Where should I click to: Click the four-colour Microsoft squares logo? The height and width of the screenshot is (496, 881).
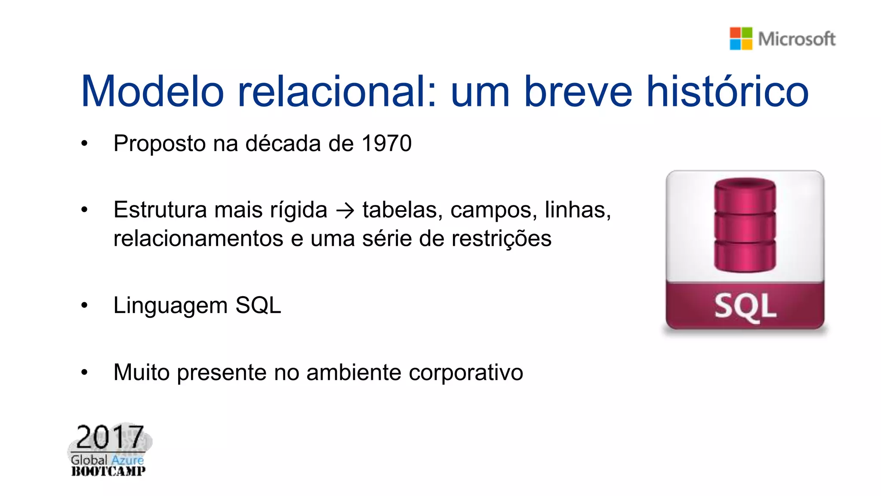pyautogui.click(x=741, y=39)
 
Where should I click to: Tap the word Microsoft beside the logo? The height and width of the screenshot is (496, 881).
pyautogui.click(x=797, y=39)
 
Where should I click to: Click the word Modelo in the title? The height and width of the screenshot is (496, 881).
pyautogui.click(x=152, y=91)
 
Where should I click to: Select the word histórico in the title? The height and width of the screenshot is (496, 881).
pyautogui.click(x=728, y=91)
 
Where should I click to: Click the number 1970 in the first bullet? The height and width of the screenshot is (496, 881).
pyautogui.click(x=387, y=143)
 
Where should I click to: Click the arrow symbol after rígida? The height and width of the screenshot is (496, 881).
pyautogui.click(x=345, y=211)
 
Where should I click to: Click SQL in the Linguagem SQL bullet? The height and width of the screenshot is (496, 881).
pyautogui.click(x=258, y=306)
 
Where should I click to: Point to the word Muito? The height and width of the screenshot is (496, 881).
pyautogui.click(x=142, y=372)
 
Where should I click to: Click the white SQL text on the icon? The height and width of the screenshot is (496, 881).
pyautogui.click(x=745, y=307)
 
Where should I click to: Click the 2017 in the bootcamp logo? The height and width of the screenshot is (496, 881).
pyautogui.click(x=110, y=437)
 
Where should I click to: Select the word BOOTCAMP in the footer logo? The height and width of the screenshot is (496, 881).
pyautogui.click(x=108, y=471)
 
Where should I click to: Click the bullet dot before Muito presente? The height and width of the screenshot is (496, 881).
pyautogui.click(x=84, y=372)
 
